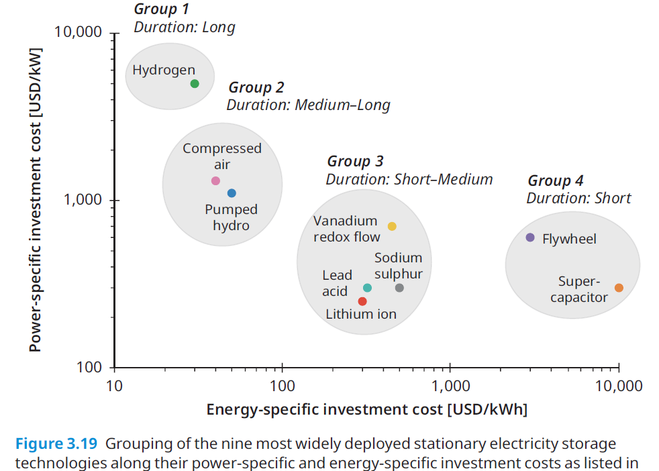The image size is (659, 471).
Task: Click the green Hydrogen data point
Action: (195, 84)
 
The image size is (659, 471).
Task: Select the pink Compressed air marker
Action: (215, 181)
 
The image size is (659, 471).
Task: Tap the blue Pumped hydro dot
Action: (232, 193)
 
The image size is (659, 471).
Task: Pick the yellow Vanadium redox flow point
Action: (392, 226)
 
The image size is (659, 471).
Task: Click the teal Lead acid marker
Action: (367, 288)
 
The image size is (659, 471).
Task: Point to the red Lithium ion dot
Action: (362, 301)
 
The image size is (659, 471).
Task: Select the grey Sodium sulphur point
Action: (399, 288)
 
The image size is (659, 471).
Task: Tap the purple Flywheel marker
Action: (530, 238)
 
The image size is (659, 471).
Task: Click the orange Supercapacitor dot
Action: (619, 288)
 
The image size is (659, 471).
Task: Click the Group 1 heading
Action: (162, 9)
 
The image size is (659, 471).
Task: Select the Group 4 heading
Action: (556, 180)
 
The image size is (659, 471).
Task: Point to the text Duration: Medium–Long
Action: (308, 105)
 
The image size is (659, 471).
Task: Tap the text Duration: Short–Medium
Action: (409, 179)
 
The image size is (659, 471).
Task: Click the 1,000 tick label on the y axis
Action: (83, 201)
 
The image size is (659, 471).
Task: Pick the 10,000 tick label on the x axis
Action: (619, 386)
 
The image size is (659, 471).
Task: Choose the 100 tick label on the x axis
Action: (283, 386)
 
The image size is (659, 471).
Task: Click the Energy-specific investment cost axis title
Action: (366, 410)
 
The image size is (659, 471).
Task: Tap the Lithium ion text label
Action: (361, 314)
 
